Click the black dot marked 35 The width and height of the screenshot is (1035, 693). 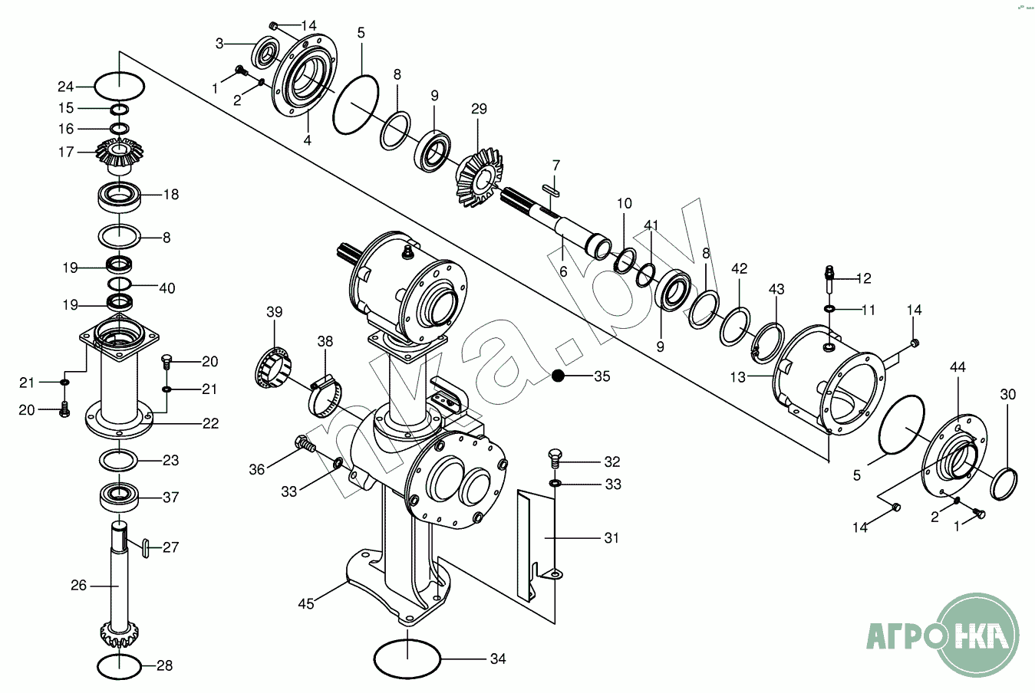558,376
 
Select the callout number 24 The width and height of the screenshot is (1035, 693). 66,87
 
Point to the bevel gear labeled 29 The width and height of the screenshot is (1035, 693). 480,176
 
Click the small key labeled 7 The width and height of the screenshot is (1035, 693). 551,190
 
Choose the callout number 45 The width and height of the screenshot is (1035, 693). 306,603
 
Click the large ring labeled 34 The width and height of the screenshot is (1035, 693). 407,659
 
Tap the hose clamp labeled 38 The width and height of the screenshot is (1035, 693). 326,397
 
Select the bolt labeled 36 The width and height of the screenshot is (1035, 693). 305,445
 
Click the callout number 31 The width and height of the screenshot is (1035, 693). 611,538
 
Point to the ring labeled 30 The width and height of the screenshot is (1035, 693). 1004,484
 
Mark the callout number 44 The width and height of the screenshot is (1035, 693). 958,367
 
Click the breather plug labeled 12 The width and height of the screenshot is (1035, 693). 830,279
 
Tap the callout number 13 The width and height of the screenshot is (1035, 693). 738,377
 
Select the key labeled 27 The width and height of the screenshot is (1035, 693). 146,548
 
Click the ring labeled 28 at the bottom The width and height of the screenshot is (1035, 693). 119,666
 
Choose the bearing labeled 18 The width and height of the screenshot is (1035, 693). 119,197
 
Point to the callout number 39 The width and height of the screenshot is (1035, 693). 275,312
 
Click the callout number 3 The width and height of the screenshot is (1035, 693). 219,44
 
